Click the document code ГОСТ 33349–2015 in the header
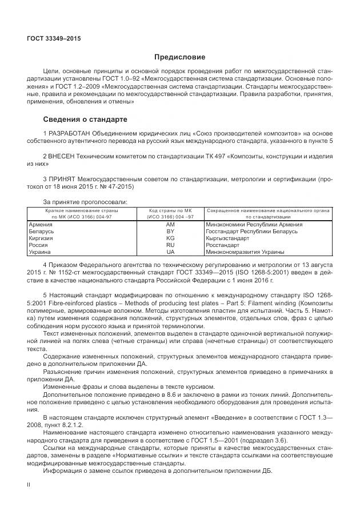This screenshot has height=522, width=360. pos(54,38)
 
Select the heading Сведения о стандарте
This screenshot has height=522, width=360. pos(85,119)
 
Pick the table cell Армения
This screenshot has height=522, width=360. pos(40,225)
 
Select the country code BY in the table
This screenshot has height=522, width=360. pos(170,232)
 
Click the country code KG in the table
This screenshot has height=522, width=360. pos(170,238)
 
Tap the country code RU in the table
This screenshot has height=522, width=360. pos(170,245)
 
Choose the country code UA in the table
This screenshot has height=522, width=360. pos(170,252)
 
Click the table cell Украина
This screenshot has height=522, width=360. pos(39,252)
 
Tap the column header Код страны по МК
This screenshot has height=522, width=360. pos(170,211)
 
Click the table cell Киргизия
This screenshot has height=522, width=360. pos(41,238)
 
